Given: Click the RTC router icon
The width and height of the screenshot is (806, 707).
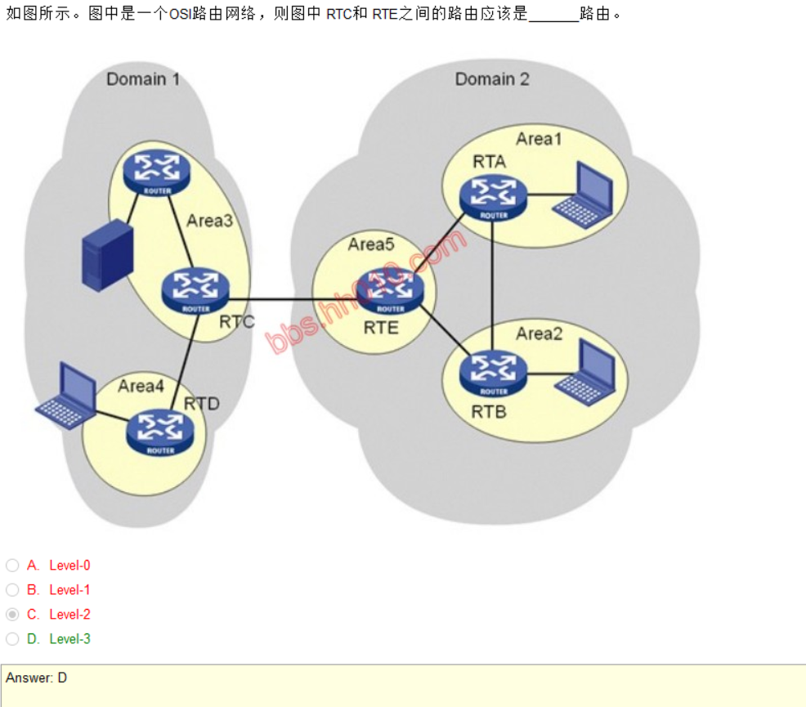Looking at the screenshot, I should click(195, 290).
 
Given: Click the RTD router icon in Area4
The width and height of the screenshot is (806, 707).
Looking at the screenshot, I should click(161, 432).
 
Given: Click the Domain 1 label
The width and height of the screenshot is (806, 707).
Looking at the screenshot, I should click(143, 79).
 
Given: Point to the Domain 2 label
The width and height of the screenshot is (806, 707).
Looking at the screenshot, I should click(492, 79).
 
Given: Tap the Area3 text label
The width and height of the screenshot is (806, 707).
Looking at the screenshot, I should click(209, 221).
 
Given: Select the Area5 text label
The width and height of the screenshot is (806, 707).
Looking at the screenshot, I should click(371, 244).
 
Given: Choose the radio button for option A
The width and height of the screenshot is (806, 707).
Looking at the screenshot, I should click(12, 566).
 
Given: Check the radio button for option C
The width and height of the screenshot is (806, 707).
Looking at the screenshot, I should click(12, 615).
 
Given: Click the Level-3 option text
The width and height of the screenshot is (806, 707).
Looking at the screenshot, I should click(69, 639).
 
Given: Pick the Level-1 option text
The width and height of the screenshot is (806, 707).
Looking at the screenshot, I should click(69, 590).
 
